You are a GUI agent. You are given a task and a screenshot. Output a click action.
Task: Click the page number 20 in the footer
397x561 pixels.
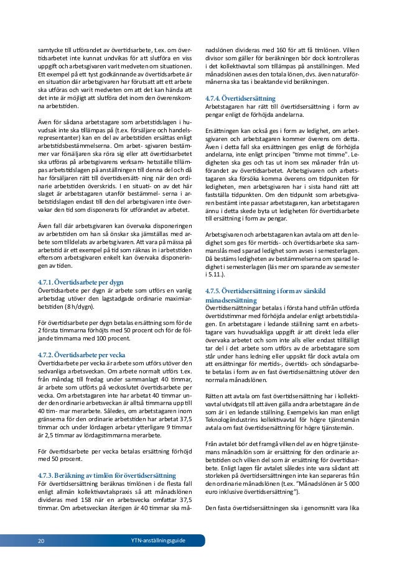pos(40,540)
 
